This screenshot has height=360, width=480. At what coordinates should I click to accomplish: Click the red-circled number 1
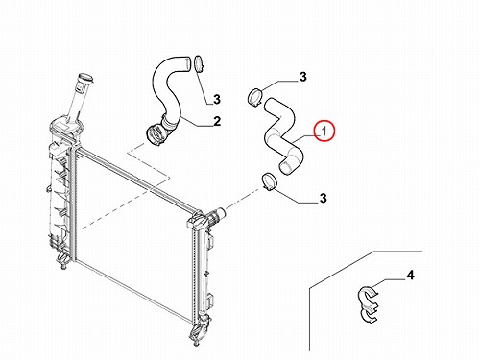tap(324, 131)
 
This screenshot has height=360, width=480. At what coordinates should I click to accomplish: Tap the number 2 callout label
tap(217, 121)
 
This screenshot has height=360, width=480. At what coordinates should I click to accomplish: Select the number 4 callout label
tap(410, 275)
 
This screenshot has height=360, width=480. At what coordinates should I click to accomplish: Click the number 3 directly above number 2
tap(217, 99)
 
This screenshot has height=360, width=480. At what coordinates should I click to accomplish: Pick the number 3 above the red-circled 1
tap(302, 77)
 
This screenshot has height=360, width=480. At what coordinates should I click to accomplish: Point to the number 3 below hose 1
tap(324, 198)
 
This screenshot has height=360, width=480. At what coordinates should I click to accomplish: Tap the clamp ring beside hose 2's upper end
tap(199, 64)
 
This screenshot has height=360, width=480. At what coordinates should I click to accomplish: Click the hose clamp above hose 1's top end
tap(255, 96)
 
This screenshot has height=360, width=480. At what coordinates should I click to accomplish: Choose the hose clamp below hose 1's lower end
tap(270, 181)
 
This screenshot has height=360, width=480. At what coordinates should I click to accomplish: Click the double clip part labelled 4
tap(368, 302)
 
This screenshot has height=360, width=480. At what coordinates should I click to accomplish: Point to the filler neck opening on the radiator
tap(85, 78)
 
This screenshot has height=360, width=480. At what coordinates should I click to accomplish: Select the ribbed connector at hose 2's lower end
tap(156, 133)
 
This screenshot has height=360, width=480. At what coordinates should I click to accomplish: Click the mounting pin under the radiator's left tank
tap(64, 266)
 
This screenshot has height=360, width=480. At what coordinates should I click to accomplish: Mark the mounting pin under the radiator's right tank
tap(196, 343)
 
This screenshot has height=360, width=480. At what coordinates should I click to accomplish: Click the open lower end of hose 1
tap(285, 167)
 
